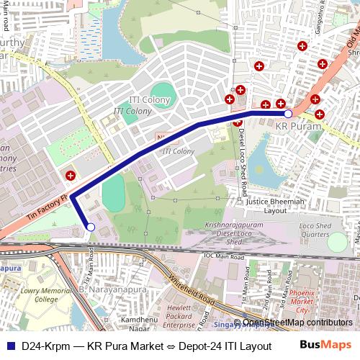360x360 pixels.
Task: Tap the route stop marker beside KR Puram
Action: click(x=288, y=114)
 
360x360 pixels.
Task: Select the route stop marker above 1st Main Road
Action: click(x=90, y=228)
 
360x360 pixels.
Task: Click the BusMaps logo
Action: click(x=325, y=346)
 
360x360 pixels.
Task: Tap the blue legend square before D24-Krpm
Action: click(x=10, y=346)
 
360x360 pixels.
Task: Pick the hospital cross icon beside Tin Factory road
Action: click(x=70, y=175)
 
